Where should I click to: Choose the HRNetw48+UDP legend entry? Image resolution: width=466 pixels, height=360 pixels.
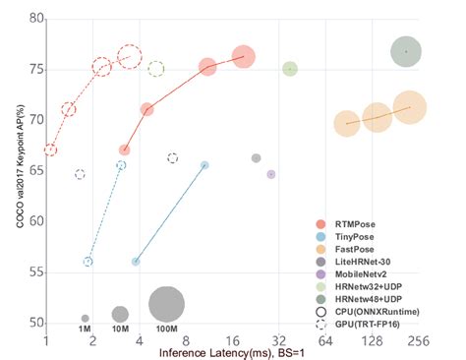click(371, 303)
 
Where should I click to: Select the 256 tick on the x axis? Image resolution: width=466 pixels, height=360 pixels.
click(420, 341)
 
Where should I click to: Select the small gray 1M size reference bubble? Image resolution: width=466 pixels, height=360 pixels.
click(86, 318)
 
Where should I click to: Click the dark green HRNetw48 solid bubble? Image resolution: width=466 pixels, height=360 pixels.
click(406, 51)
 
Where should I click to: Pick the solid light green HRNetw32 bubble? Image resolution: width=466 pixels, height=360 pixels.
click(290, 69)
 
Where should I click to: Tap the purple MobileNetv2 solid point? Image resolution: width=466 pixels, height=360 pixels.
click(271, 174)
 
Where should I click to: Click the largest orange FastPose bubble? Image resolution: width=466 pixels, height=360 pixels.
click(409, 108)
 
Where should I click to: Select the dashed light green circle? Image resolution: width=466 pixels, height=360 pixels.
click(156, 69)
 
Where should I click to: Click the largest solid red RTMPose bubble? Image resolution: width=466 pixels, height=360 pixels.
click(244, 57)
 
